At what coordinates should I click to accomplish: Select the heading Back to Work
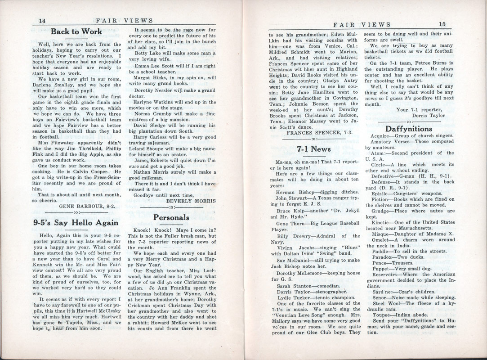coord(76,31)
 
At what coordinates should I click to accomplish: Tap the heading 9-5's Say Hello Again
coord(76,222)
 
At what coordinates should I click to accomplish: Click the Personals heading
coord(171,217)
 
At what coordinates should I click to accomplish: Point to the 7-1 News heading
coord(314,149)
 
